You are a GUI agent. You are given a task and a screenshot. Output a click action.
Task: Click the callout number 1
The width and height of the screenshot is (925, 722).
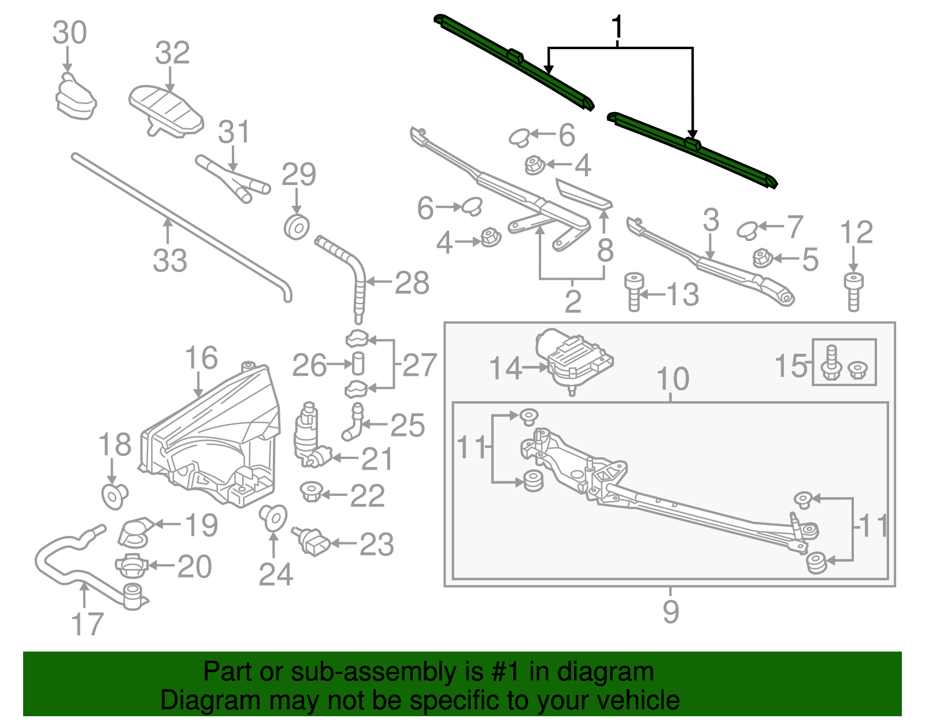click(617, 27)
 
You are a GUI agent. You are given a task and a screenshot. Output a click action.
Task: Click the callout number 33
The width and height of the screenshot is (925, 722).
click(170, 261)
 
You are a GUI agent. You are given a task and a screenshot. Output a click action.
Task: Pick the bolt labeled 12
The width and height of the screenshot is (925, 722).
click(853, 291)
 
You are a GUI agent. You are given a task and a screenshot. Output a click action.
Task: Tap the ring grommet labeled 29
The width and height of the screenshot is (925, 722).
click(297, 227)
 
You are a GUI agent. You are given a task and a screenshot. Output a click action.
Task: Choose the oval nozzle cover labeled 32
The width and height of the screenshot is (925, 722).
click(165, 110)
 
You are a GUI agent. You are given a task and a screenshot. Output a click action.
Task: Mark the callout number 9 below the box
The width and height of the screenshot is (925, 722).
click(671, 612)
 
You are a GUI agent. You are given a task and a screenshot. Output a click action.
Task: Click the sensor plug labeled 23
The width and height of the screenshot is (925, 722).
click(312, 541)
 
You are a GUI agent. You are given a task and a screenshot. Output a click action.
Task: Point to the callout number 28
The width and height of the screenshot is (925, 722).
click(412, 283)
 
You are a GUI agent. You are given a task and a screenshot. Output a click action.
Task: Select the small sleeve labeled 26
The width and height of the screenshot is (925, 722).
click(358, 364)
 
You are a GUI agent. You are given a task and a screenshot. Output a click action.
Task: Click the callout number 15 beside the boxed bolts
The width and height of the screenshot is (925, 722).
click(790, 366)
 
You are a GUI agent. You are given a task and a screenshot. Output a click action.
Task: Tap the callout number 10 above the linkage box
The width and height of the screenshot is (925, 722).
click(672, 379)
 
